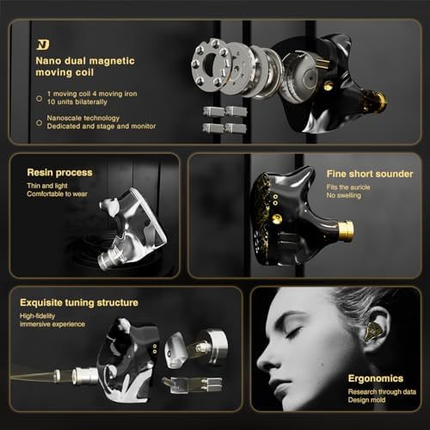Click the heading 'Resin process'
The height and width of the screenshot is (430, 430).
tap(61, 172)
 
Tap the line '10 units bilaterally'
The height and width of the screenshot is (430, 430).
tap(80, 101)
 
